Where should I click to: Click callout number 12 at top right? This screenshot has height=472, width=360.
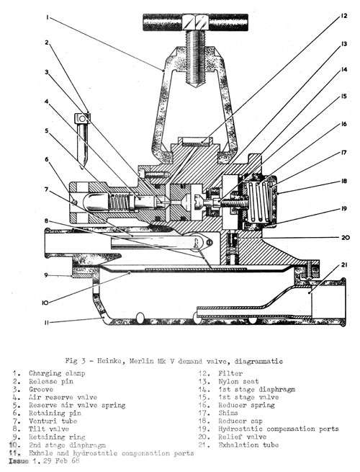coord(343,16)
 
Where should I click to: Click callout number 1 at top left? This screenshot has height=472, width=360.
coord(48,18)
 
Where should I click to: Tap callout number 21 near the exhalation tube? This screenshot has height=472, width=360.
coord(344,265)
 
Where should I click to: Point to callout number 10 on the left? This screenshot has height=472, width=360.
coord(45,302)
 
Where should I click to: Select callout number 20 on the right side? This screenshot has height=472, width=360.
coord(346,238)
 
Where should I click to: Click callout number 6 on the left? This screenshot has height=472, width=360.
coord(47,159)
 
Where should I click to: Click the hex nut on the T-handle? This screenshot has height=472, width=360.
coord(196,22)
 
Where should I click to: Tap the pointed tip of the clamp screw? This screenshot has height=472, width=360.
coord(196,87)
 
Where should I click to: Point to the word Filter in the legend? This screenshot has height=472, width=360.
coord(230,373)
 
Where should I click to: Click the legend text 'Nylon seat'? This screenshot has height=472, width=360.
coord(238,381)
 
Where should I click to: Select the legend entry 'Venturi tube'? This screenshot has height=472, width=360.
coord(53,421)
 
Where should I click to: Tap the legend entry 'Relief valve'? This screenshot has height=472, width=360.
coord(243,437)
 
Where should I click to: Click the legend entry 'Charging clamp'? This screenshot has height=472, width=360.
coord(57,373)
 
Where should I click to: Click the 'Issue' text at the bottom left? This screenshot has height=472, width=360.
coord(19,461)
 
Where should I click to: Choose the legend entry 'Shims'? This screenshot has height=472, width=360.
coord(228,413)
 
